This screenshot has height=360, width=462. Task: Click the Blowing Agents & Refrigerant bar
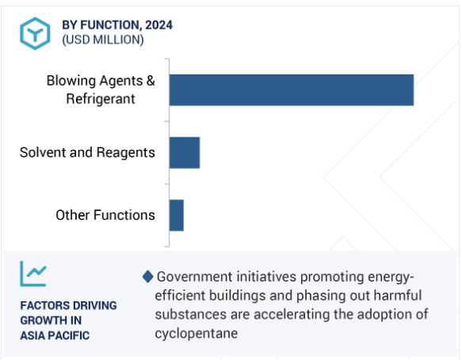pyautogui.click(x=292, y=90)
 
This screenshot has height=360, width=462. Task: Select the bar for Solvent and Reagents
pyautogui.click(x=185, y=153)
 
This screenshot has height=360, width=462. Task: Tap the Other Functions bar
pyautogui.click(x=177, y=215)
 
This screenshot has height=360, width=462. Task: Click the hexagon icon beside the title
pyautogui.click(x=35, y=33)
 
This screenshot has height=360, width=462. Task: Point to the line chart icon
pyautogui.click(x=33, y=274)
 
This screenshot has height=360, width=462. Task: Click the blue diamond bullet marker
pyautogui.click(x=147, y=277)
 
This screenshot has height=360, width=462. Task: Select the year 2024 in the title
pyautogui.click(x=158, y=25)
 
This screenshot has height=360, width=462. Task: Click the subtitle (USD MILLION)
pyautogui.click(x=103, y=40)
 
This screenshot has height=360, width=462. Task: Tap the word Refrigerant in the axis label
pyautogui.click(x=101, y=99)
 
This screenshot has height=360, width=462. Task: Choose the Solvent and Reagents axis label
pyautogui.click(x=87, y=153)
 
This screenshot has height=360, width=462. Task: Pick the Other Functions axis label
pyautogui.click(x=105, y=215)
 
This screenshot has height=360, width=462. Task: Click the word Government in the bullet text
pyautogui.click(x=195, y=277)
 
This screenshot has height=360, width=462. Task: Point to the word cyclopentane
pyautogui.click(x=197, y=334)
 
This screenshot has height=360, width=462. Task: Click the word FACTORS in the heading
pyautogui.click(x=40, y=305)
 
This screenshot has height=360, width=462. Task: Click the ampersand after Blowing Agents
pyautogui.click(x=151, y=81)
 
